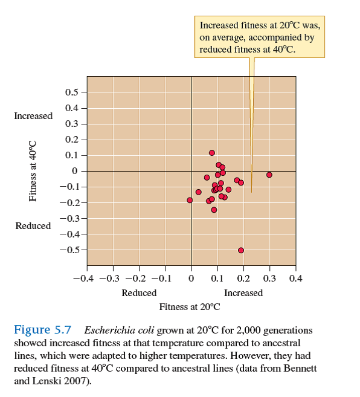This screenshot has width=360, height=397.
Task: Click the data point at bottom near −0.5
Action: point(241,250)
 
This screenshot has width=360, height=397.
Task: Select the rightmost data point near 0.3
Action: point(269,175)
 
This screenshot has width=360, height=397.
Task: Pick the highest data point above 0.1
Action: point(212,153)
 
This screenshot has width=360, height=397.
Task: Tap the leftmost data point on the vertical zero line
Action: point(190,200)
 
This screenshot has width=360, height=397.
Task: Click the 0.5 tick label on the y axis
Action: point(71,92)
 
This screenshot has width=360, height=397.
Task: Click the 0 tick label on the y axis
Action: point(74,171)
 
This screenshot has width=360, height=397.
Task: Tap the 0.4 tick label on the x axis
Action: point(296,279)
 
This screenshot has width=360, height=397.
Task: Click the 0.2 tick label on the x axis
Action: point(243,279)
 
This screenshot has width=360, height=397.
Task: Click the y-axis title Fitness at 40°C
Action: point(34,170)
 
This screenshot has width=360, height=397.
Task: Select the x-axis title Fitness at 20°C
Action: point(190,306)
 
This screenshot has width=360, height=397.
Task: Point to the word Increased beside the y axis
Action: point(33,115)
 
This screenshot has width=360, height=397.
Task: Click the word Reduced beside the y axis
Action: point(33,225)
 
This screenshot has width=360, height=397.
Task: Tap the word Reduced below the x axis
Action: point(139,293)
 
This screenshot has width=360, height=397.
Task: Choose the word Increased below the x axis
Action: point(243,293)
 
